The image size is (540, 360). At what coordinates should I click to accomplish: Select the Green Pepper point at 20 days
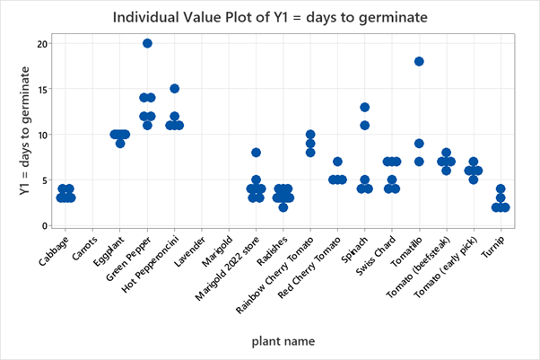[x=148, y=43]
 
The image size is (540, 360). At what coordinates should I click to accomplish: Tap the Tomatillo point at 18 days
[x=419, y=61]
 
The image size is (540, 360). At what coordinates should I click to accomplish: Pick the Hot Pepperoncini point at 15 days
[x=175, y=89]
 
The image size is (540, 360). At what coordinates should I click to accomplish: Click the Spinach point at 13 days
[x=365, y=107]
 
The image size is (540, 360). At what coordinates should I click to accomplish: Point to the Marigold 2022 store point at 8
[x=256, y=153]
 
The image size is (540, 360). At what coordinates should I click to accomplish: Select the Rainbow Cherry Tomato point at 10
[x=310, y=135]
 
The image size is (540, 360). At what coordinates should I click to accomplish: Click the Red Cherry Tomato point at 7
[x=337, y=162]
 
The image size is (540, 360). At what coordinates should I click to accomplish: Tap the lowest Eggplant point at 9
[x=120, y=144]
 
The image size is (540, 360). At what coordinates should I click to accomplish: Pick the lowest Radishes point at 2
[x=283, y=207]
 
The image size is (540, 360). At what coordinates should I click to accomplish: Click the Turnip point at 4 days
[x=501, y=189]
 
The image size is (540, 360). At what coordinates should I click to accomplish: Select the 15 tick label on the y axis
[x=41, y=89]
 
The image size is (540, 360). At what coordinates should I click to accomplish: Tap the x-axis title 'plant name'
[x=283, y=341]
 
